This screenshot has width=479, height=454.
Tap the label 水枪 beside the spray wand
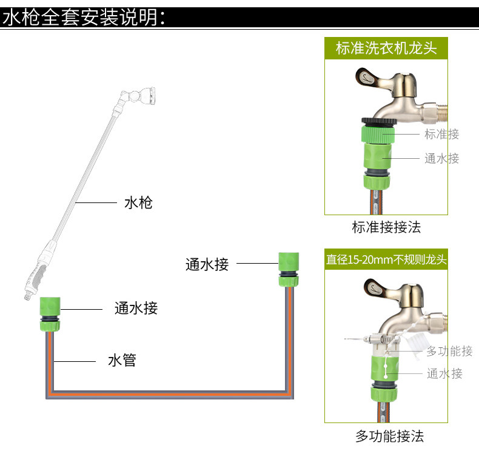[x=138, y=202]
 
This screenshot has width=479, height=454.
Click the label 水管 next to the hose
[x=122, y=361]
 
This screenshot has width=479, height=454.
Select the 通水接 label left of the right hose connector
[x=207, y=264]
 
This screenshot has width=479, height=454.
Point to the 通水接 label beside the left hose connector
[x=136, y=308]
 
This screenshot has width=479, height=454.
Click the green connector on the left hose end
[x=49, y=313]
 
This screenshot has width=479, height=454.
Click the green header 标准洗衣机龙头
[x=386, y=48]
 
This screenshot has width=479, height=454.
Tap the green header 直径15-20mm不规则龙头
[x=386, y=260]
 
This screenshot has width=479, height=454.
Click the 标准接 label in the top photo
[x=441, y=134]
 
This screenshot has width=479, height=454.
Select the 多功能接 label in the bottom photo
[x=449, y=351]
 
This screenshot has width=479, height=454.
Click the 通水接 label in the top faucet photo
[x=441, y=159]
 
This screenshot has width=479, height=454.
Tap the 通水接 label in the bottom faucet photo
[x=444, y=373]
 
